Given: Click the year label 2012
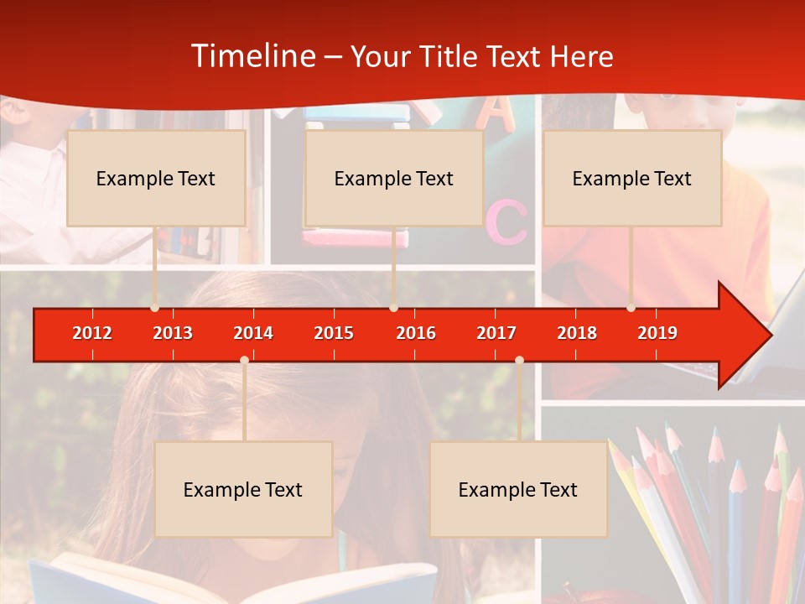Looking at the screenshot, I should (92, 333).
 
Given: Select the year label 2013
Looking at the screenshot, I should (173, 333).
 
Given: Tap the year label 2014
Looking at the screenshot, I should (253, 333).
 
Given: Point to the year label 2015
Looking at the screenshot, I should (334, 333).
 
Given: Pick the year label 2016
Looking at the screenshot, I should (416, 333).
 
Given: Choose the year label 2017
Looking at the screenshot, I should (496, 333).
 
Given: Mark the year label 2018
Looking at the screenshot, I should (577, 333).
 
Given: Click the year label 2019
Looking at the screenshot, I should (657, 333).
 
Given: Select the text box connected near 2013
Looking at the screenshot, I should (156, 178).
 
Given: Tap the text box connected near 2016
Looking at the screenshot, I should (394, 178).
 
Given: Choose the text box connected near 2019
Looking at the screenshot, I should (632, 178).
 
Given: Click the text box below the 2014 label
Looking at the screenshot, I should (243, 489).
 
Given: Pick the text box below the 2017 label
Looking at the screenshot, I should (518, 489).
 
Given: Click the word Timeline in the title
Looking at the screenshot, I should (252, 56).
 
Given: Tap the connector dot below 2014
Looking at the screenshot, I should (244, 360).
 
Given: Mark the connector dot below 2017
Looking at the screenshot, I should (519, 360).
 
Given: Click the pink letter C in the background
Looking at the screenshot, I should (506, 221).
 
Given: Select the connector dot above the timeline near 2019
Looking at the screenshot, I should (631, 308).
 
